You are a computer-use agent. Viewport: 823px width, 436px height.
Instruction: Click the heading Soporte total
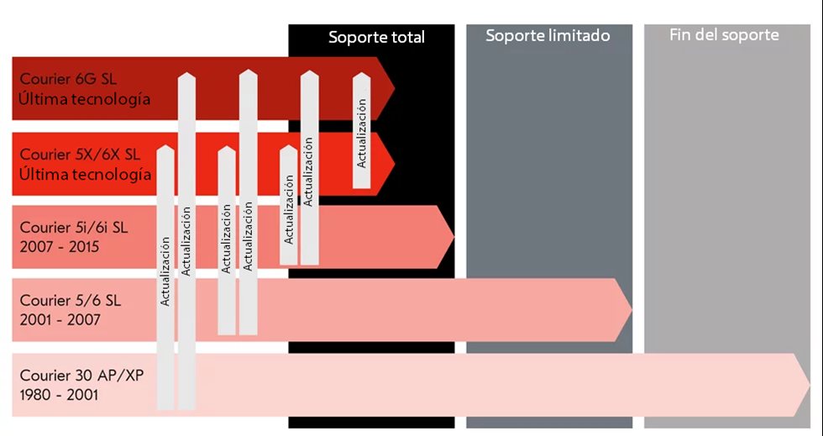[376, 37]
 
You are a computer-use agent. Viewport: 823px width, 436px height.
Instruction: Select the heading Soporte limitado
[548, 36]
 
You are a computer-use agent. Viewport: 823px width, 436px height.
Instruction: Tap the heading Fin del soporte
[724, 35]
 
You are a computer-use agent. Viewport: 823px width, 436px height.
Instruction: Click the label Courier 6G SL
[68, 79]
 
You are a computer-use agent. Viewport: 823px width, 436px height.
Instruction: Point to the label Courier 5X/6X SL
[80, 155]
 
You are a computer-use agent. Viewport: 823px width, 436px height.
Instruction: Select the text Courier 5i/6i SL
[74, 228]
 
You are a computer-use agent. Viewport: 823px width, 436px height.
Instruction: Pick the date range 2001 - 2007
[60, 320]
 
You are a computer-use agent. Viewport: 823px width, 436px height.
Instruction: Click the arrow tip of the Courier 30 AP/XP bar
[806, 385]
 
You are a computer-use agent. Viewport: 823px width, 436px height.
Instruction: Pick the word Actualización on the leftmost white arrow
[165, 271]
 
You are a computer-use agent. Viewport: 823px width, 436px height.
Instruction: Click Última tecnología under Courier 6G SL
[85, 99]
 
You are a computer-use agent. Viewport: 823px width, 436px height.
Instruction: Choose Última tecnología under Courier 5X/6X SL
[85, 174]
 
